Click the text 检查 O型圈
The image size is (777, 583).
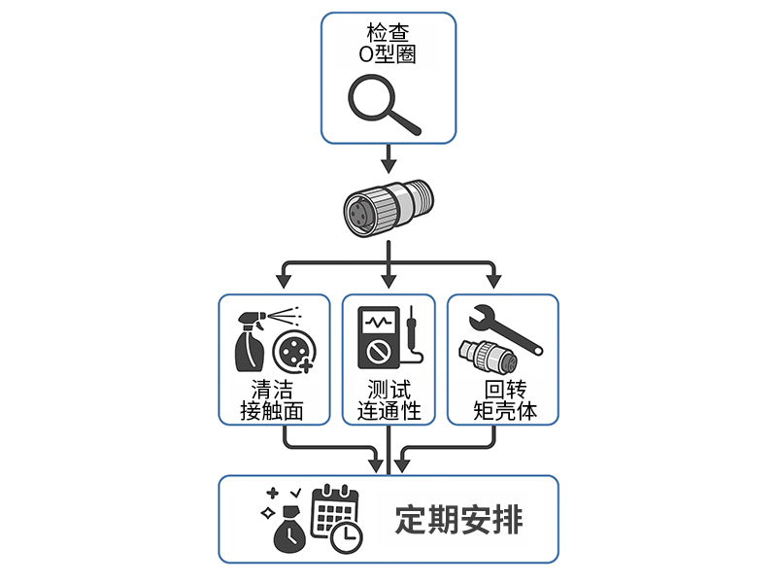(388, 45)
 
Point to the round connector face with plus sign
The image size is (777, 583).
(293, 352)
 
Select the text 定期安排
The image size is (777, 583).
(458, 520)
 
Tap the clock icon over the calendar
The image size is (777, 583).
(346, 535)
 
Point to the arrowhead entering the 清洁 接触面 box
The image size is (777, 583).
(284, 281)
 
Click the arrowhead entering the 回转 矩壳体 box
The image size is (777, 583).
(493, 281)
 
